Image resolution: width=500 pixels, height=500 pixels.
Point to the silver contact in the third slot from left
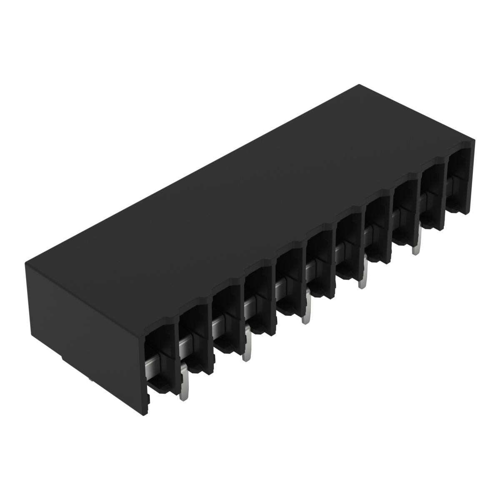[x=219, y=327]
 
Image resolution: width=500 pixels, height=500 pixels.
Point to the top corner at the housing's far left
[x=26, y=262]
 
